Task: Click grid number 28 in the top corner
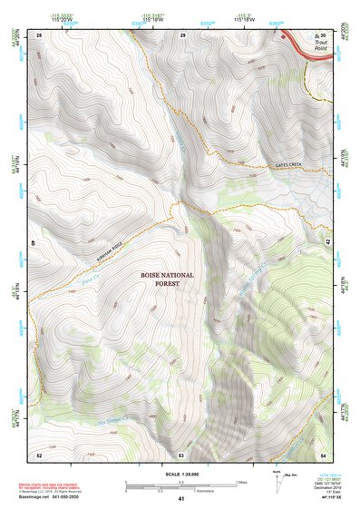39,35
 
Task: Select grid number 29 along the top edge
182,35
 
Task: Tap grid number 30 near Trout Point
322,35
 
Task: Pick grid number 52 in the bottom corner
39,454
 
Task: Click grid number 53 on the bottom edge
181,454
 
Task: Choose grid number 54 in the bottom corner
322,454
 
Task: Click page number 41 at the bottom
181,499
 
